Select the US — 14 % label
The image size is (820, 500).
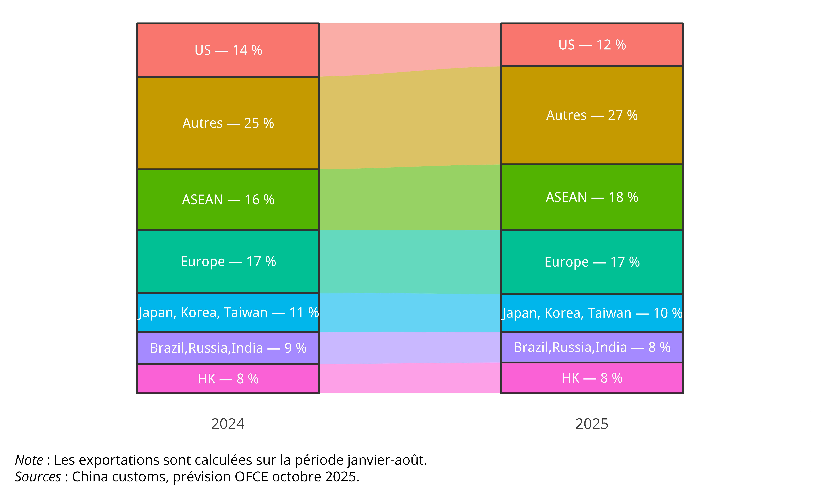pyautogui.click(x=228, y=50)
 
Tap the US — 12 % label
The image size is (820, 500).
pyautogui.click(x=592, y=45)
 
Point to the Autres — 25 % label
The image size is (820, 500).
pyautogui.click(x=228, y=123)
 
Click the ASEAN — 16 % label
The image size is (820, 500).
pyautogui.click(x=228, y=200)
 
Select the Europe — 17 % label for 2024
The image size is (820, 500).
pyautogui.click(x=228, y=261)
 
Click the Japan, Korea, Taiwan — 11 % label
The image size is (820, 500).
pyautogui.click(x=228, y=313)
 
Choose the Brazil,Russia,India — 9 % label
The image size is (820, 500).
pyautogui.click(x=228, y=348)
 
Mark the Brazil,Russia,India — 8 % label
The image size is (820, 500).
pyautogui.click(x=592, y=347)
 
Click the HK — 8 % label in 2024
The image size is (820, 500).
pyautogui.click(x=228, y=379)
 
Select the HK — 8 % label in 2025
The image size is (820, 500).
pyautogui.click(x=592, y=378)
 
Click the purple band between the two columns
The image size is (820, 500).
pyautogui.click(x=410, y=347)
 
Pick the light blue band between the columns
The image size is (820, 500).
pyautogui.click(x=410, y=313)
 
